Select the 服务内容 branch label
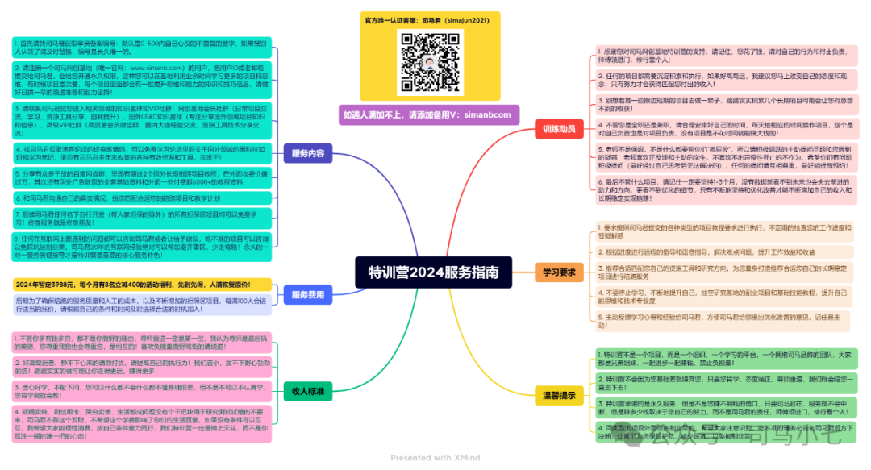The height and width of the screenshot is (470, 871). (x=308, y=153)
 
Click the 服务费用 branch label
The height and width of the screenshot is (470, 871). (x=308, y=295)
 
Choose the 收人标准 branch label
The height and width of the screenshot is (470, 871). (x=308, y=392)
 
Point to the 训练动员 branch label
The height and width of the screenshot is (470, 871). (x=559, y=129)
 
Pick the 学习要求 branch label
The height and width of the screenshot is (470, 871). (x=559, y=272)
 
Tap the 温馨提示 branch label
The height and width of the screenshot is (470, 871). (x=559, y=394)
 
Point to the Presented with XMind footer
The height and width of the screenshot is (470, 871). (x=435, y=458)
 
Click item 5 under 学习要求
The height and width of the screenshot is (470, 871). (x=723, y=321)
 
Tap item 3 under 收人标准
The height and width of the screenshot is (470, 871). (x=142, y=392)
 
